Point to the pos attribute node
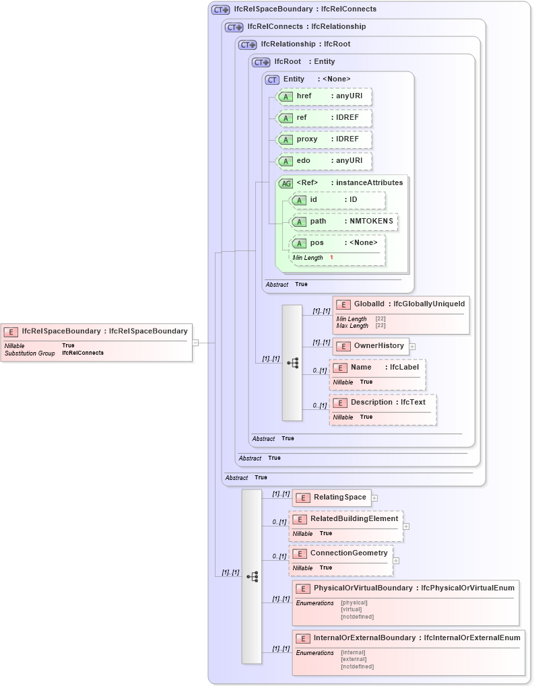coord(337,243)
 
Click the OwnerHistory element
coord(371,346)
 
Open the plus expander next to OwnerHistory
coord(412,347)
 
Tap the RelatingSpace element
coord(332,498)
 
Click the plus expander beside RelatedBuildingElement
coord(406,526)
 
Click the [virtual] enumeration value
coord(351,609)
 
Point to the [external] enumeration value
coord(354,659)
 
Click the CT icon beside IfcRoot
coord(261,62)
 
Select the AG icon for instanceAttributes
coord(286,183)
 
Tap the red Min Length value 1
coord(331,258)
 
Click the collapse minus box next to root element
coord(195,342)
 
